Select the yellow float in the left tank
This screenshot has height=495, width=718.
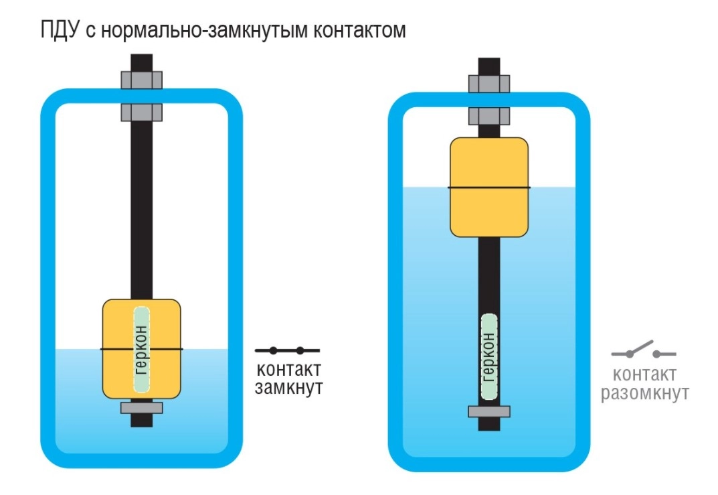point(141,349)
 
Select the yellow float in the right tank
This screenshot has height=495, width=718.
point(489,187)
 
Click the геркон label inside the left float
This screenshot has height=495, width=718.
point(141,350)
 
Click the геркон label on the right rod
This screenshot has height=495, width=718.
point(489,357)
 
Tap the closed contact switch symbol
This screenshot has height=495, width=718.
point(287,350)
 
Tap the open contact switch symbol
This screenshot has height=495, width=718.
point(644,349)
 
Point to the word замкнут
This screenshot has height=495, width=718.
point(288,388)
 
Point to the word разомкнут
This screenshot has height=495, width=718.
point(645,393)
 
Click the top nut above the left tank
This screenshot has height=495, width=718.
point(141,80)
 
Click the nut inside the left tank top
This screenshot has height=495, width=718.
point(141,113)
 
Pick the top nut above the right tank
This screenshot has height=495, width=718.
point(489,84)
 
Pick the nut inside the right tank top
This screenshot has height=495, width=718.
point(489,116)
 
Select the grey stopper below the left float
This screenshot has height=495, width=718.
point(141,407)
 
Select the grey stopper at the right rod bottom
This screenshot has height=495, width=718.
point(489,411)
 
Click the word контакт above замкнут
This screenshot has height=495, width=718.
point(288,370)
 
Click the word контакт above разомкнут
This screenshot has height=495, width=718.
point(644,374)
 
